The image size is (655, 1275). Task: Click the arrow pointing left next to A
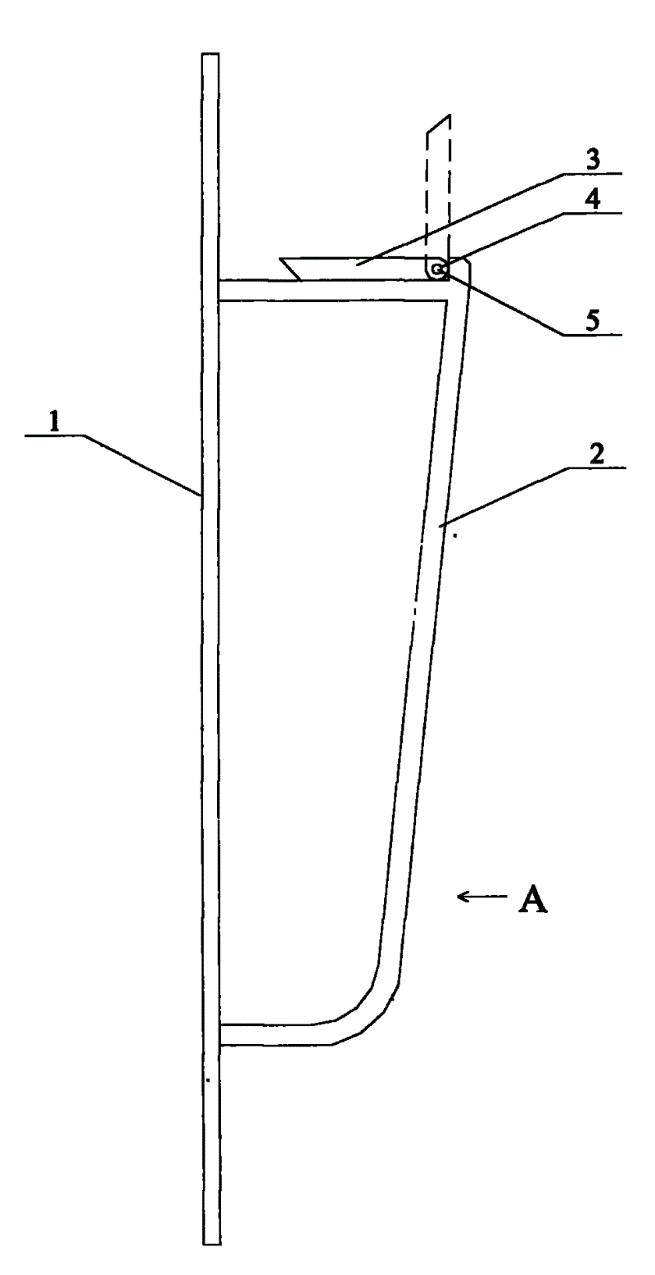(474, 897)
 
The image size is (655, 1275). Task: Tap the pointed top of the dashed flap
(447, 117)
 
